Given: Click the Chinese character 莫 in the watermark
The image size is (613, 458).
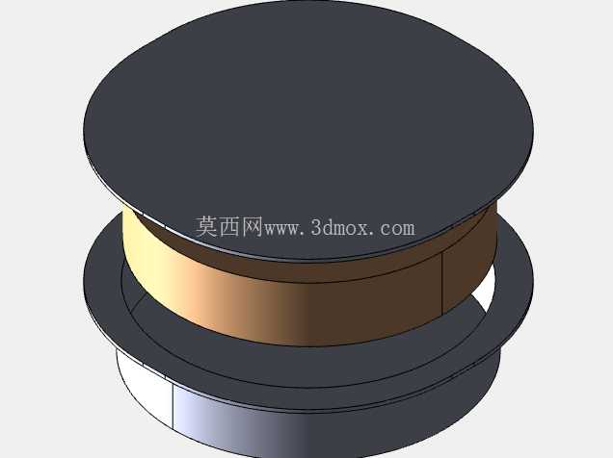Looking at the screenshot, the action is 207,227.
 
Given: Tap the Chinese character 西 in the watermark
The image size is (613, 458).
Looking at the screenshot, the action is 229,227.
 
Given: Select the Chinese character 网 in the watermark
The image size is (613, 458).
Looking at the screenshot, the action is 253,227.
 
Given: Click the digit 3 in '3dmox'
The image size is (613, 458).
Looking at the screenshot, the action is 317,227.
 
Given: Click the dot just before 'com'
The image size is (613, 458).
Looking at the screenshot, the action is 373,233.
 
